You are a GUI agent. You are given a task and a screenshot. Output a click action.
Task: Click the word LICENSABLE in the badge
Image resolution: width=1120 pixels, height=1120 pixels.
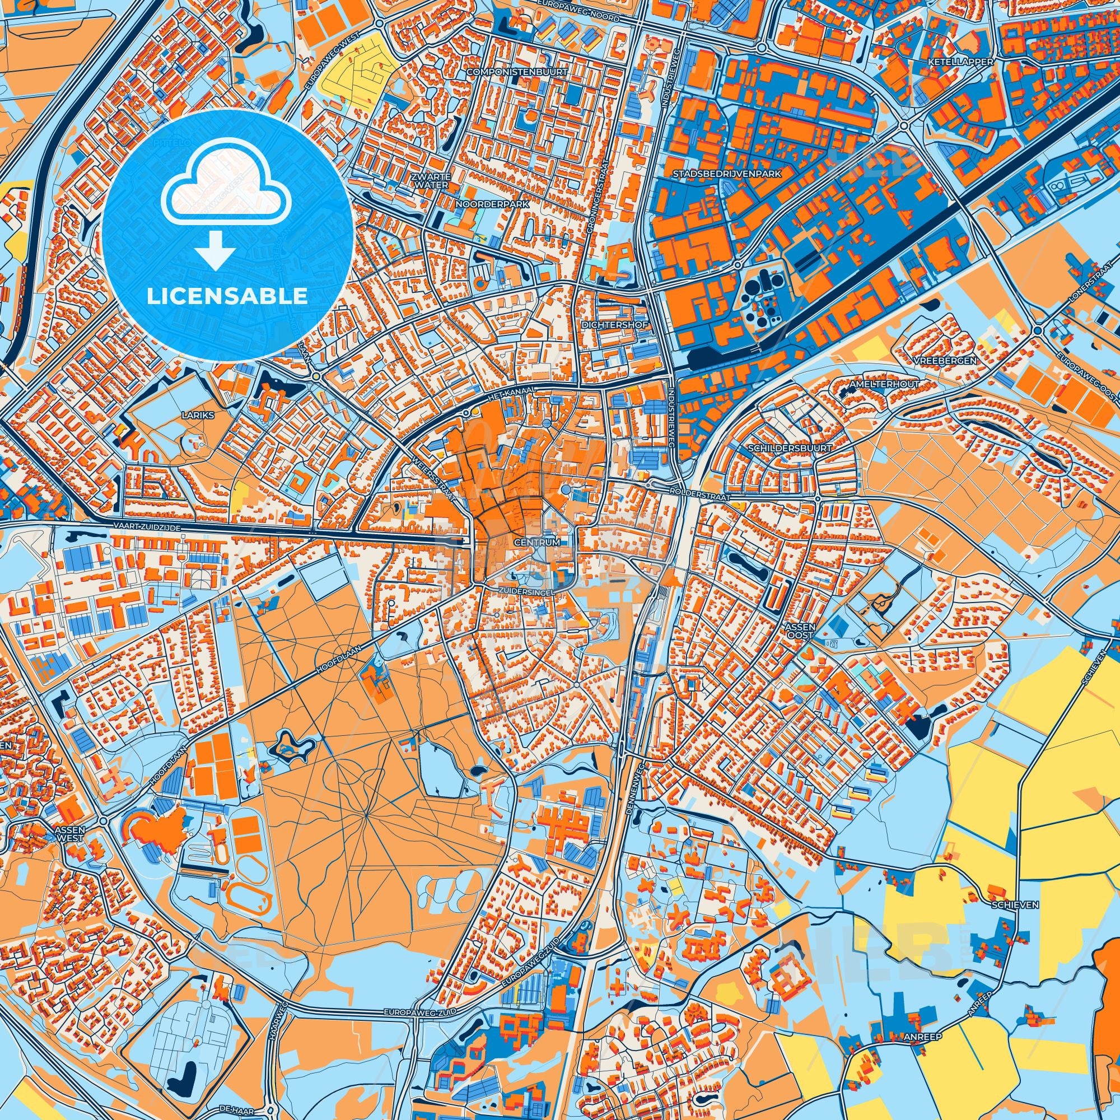click(227, 296)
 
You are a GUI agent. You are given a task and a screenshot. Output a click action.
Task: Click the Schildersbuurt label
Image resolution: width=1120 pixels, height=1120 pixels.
click(790, 448)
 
